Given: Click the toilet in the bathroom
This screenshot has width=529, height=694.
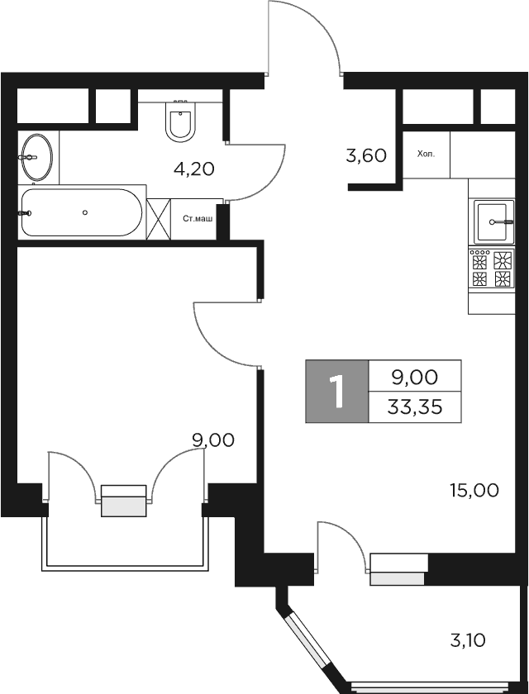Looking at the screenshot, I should coord(181,122).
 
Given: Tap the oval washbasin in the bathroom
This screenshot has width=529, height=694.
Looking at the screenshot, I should coord(36,156).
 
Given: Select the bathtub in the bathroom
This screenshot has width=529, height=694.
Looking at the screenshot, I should coord(81,212).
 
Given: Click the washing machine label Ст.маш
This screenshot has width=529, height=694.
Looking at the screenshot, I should coord(198,219).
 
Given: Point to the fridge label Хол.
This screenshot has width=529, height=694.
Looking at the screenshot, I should coord(425,154).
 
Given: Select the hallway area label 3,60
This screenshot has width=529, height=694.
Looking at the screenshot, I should coord(367,154).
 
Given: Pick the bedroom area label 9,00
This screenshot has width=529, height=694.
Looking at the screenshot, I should coord(213,440).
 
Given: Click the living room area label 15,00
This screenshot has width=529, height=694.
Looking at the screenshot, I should coord(474,491).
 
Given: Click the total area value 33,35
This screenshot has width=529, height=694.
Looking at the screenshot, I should coord(414,406).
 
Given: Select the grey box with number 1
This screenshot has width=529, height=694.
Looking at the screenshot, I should coord(336,392).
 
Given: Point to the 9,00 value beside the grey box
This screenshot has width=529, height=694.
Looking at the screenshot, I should coord(414,378).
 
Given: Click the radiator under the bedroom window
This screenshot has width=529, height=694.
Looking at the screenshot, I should coord(124,501).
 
